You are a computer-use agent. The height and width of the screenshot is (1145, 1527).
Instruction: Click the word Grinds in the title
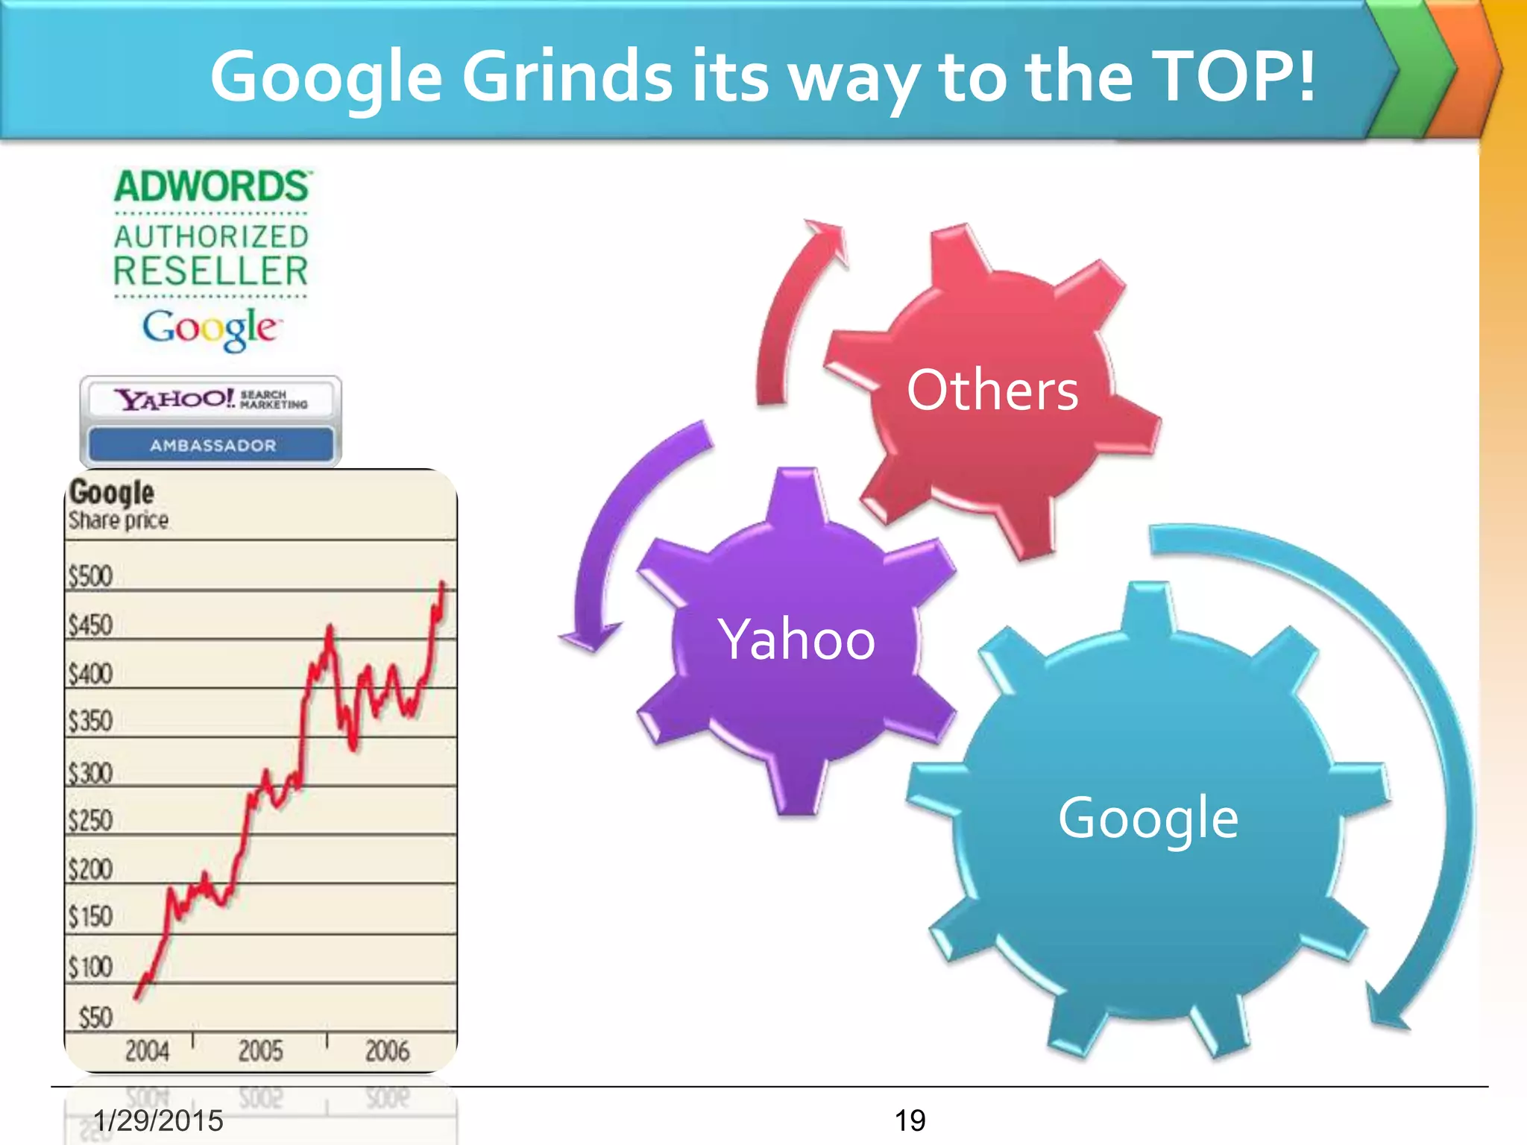pos(567,77)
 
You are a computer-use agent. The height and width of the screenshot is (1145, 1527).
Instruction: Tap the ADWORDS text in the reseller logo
pos(212,186)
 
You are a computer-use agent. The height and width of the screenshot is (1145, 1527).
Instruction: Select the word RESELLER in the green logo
pos(211,271)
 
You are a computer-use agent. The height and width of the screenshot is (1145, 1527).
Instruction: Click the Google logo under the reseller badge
pos(211,329)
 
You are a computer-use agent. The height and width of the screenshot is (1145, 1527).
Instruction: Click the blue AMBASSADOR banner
pos(212,445)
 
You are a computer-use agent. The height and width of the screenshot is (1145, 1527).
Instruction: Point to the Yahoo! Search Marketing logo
pos(211,400)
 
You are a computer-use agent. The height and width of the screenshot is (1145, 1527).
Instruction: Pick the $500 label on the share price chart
pos(90,576)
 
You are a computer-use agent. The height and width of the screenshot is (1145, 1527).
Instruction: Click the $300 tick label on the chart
pos(90,773)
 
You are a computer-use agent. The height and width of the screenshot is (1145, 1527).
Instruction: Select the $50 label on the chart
pos(95,1018)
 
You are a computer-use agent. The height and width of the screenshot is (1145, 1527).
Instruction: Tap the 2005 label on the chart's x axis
pos(260,1051)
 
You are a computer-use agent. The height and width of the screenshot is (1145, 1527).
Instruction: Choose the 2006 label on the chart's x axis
pos(387,1051)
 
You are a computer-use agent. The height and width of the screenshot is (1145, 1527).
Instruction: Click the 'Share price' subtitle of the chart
pos(119,520)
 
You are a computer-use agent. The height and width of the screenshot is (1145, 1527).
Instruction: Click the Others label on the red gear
pos(992,390)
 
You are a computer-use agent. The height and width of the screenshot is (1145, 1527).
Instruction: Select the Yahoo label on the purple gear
pos(796,640)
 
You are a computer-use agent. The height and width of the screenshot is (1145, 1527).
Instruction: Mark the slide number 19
pos(910,1120)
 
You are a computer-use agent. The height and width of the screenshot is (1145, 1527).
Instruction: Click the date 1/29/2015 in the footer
pos(158,1120)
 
